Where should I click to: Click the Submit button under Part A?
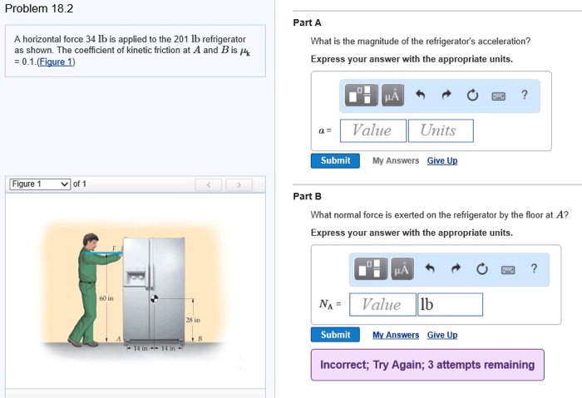pyautogui.click(x=335, y=160)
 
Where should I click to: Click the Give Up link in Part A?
pyautogui.click(x=442, y=160)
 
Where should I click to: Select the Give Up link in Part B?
pyautogui.click(x=442, y=335)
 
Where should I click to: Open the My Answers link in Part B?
pyautogui.click(x=396, y=335)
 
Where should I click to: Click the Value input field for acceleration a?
pyautogui.click(x=373, y=130)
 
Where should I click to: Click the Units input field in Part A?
pyautogui.click(x=441, y=130)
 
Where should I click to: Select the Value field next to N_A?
pyautogui.click(x=382, y=305)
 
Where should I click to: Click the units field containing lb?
pyautogui.click(x=451, y=305)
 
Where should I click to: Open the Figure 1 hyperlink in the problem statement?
pyautogui.click(x=56, y=61)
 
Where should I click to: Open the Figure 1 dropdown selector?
pyautogui.click(x=40, y=184)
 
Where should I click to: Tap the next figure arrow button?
pyautogui.click(x=239, y=184)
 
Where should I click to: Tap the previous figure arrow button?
pyautogui.click(x=209, y=184)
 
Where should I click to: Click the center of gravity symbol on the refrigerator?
pyautogui.click(x=154, y=298)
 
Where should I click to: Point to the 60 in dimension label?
pyautogui.click(x=106, y=298)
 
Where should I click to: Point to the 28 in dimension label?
pyautogui.click(x=193, y=320)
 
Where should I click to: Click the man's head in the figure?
pyautogui.click(x=91, y=241)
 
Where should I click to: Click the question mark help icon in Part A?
pyautogui.click(x=524, y=95)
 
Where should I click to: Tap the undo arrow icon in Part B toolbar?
pyautogui.click(x=430, y=268)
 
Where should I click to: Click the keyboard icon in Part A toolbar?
pyautogui.click(x=498, y=96)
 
